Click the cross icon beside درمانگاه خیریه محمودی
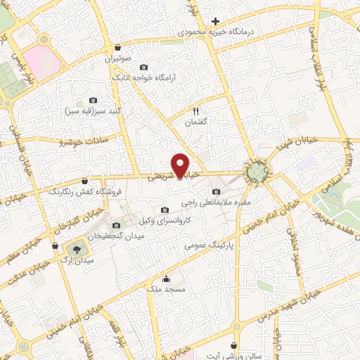(x=215, y=20)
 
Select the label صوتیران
(x=118, y=58)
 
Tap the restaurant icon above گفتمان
(x=196, y=110)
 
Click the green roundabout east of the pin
(x=257, y=171)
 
